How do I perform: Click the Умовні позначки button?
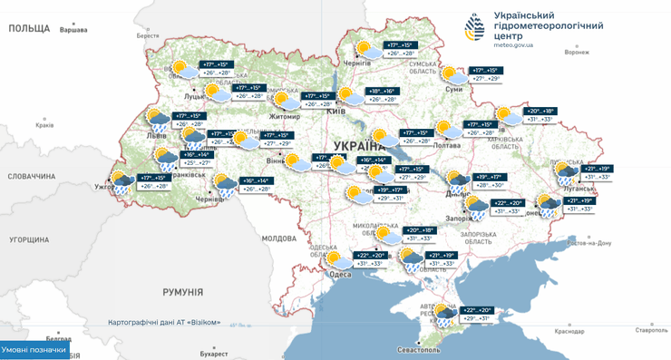point(34,350)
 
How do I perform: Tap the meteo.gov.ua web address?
point(526,44)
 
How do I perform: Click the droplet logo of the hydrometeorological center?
point(475,27)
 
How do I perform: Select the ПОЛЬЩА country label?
point(28,29)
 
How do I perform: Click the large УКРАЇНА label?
point(361,145)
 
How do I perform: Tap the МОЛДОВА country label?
point(279,238)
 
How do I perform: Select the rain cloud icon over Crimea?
point(444,315)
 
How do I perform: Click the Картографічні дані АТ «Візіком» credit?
point(163,323)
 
